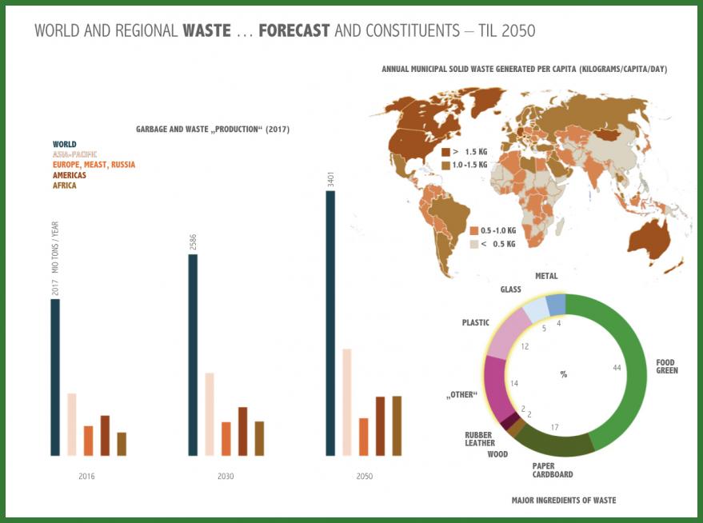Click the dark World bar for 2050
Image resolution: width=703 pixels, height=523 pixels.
pos(330,324)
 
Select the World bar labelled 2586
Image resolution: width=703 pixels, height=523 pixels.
pos(192,355)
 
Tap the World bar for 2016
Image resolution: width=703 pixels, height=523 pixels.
pos(55,377)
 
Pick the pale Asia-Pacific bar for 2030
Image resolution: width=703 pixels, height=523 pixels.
pos(210,414)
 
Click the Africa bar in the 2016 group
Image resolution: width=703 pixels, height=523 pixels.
pos(122,444)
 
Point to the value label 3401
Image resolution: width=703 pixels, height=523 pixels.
pos(330,180)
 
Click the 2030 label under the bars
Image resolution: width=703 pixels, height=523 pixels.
pos(226,477)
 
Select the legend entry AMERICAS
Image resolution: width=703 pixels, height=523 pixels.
pos(70,175)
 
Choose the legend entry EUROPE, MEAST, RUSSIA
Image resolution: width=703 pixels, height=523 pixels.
pos(94,165)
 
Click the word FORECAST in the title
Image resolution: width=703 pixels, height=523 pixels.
pos(294,31)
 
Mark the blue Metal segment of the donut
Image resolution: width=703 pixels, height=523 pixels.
pos(556,304)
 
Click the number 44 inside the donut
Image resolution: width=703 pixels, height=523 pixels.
pos(617,367)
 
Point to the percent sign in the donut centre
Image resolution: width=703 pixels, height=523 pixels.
pos(563,374)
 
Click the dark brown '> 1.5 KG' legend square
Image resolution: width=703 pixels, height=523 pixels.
pos(446,151)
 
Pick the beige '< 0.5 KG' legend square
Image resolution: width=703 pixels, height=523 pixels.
pos(474,243)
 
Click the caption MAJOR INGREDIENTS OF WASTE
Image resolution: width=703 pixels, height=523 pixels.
pos(563,501)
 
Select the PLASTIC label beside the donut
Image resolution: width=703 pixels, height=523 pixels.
pos(475,323)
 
